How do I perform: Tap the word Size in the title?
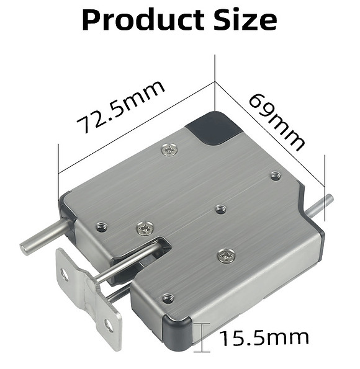pyautogui.click(x=241, y=20)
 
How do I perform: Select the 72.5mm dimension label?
pyautogui.click(x=122, y=107)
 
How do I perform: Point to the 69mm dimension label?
pyautogui.click(x=277, y=122)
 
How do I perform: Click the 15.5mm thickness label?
pyautogui.click(x=263, y=338)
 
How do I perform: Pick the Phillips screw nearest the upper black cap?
pyautogui.click(x=168, y=149)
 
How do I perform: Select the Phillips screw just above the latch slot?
pyautogui.click(x=145, y=228)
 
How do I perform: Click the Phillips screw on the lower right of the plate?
pyautogui.click(x=226, y=254)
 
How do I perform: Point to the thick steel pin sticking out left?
pyautogui.click(x=43, y=239)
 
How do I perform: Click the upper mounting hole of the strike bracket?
pyautogui.click(x=65, y=275)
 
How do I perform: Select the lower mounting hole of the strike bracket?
pyautogui.click(x=109, y=324)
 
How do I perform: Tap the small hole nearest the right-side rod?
pyautogui.click(x=276, y=176)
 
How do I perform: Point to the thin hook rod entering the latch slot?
pyautogui.click(x=124, y=265)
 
